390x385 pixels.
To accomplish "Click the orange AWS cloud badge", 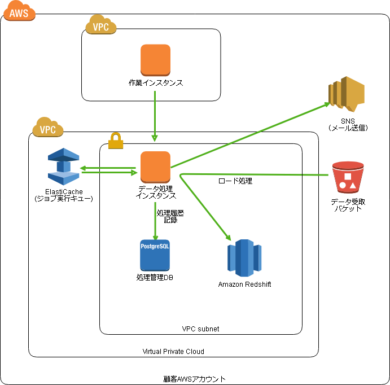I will [x=19, y=12].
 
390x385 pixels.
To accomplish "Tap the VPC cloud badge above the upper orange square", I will [x=101, y=25].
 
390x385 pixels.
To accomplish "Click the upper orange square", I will [x=155, y=60].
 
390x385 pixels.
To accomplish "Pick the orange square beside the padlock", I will [x=155, y=167].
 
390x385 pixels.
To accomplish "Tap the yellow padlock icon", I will [x=116, y=141].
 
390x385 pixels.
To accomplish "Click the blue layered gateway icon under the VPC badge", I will [x=64, y=167].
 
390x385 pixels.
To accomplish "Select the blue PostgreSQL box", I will [x=155, y=255].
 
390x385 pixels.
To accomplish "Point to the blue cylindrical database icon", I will [x=244, y=258].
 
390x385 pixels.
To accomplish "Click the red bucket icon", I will [x=348, y=177].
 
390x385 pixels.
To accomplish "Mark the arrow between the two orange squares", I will [x=155, y=116].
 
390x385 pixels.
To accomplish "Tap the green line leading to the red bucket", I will [x=254, y=174].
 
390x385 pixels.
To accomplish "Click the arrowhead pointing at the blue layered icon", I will [x=82, y=168].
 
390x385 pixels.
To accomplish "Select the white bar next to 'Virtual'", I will [x=206, y=351].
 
